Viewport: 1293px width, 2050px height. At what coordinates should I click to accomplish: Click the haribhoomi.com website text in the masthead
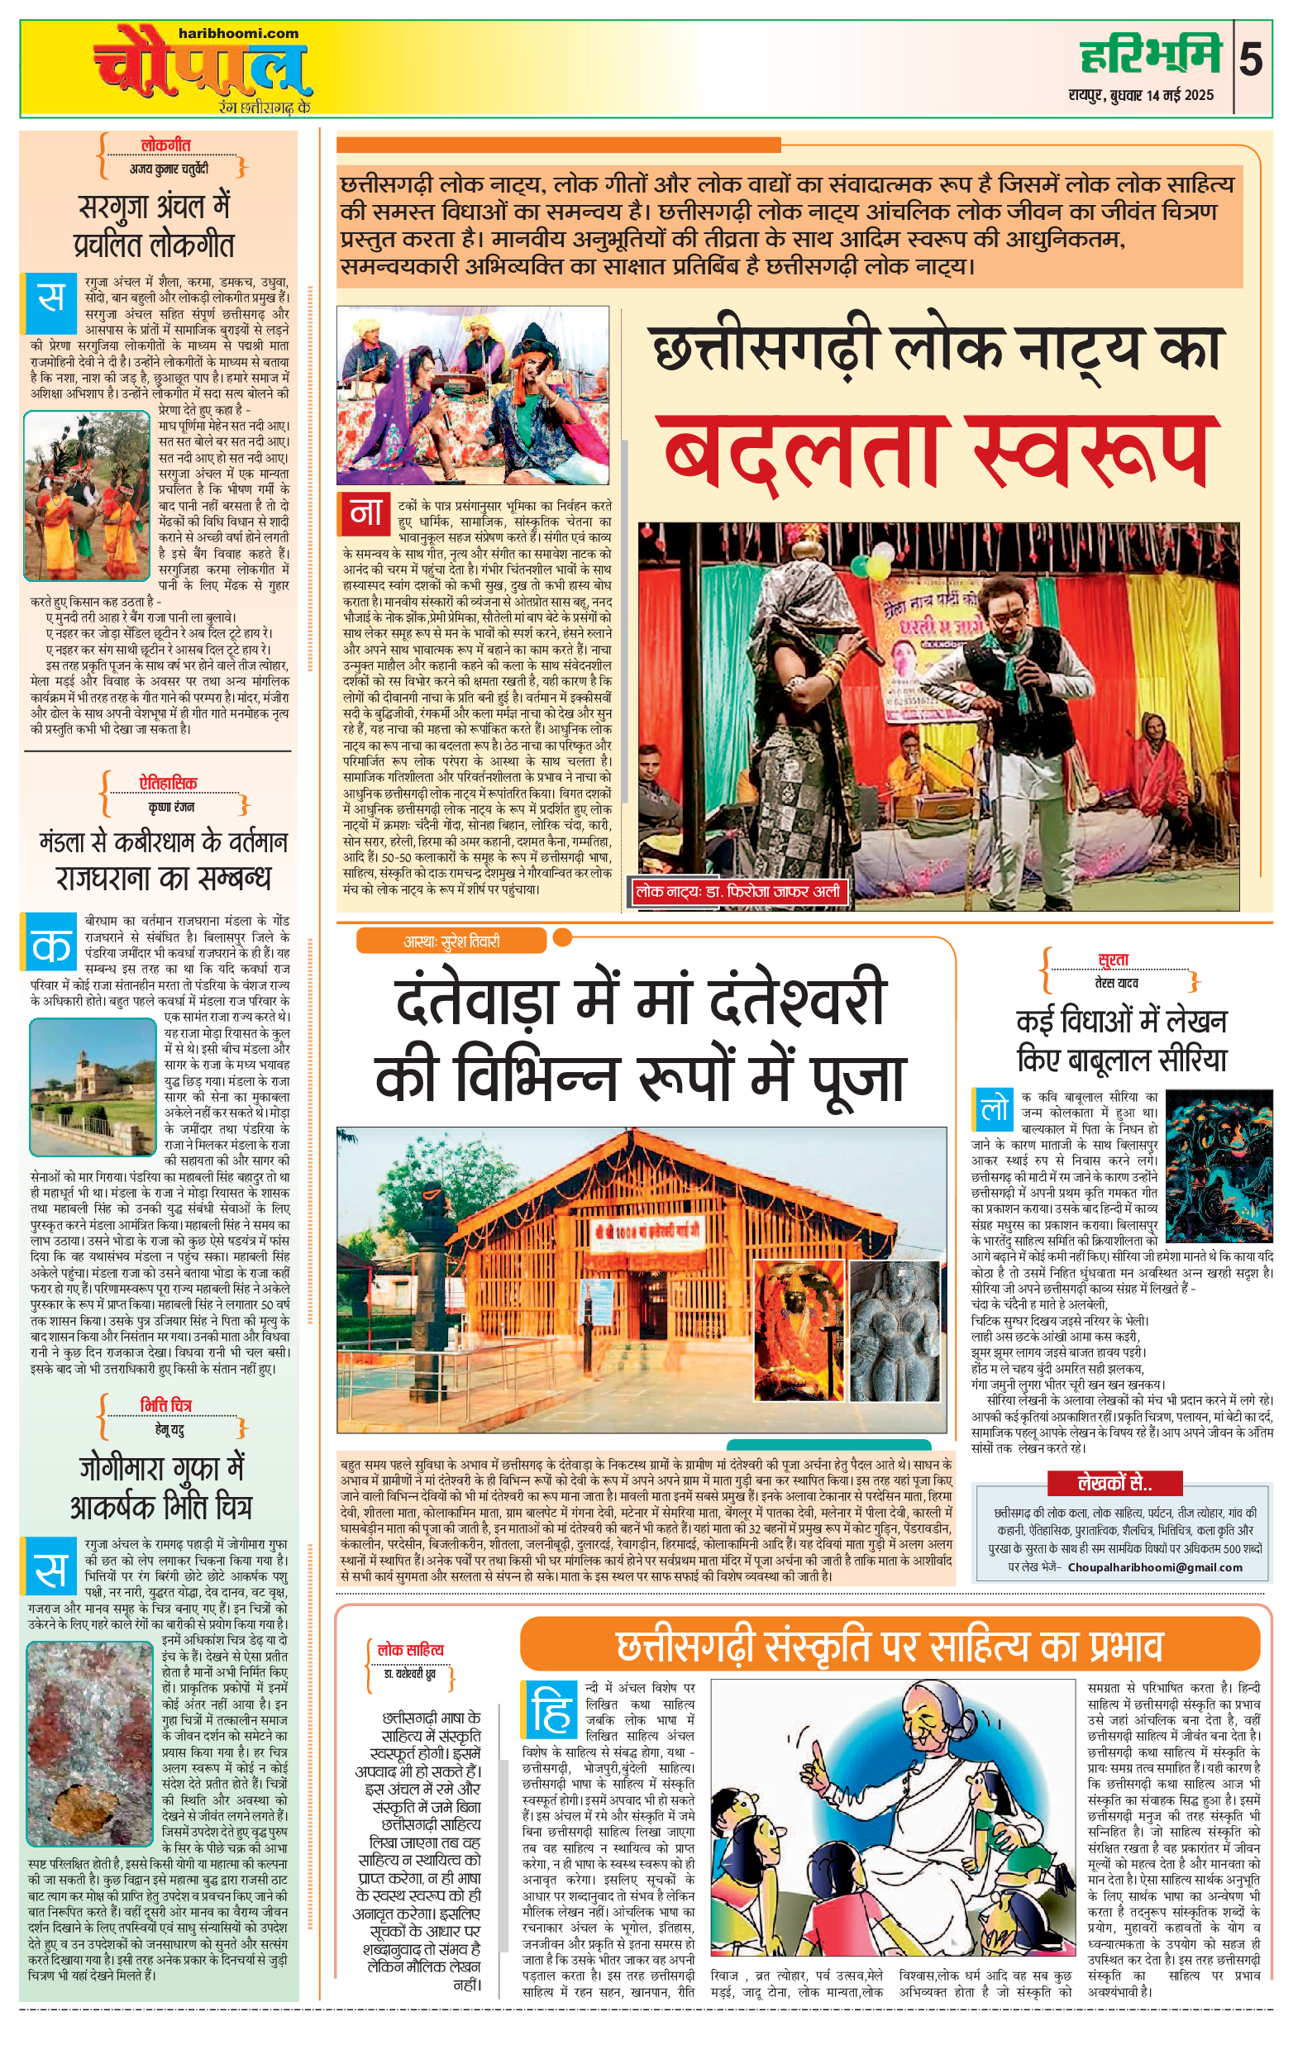238,33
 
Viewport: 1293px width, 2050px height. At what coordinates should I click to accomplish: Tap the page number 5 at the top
1251,61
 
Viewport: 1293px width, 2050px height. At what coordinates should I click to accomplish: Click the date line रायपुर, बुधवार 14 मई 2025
1142,95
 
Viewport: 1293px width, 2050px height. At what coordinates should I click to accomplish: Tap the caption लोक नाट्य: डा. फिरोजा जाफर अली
737,891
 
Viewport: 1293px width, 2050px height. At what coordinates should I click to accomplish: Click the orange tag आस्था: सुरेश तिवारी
451,941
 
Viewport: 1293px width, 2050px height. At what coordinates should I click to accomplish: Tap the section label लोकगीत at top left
165,145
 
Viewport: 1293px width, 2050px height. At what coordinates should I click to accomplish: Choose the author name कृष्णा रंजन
171,806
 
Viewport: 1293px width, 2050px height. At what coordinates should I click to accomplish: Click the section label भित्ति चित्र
166,1404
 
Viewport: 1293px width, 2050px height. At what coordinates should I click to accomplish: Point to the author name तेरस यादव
1116,984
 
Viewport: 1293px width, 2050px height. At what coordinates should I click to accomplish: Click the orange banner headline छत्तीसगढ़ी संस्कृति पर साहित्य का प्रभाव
889,1646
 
